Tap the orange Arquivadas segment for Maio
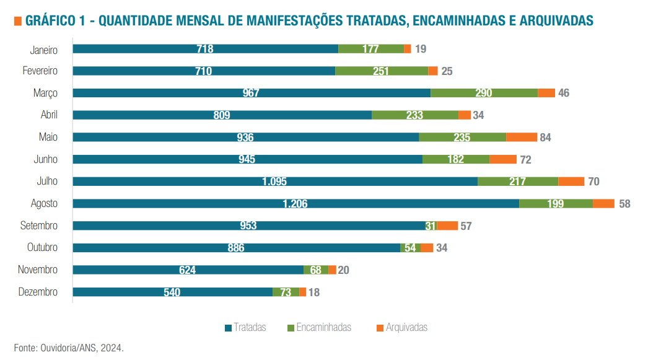(521, 137)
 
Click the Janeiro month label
(44, 49)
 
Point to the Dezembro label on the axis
(38, 292)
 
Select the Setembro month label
(39, 226)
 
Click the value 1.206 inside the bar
(295, 204)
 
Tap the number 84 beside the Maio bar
(545, 138)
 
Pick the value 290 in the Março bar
(484, 93)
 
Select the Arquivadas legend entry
(401, 327)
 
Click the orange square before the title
(17, 22)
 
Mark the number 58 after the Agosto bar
(624, 204)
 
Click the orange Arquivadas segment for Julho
(571, 182)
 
